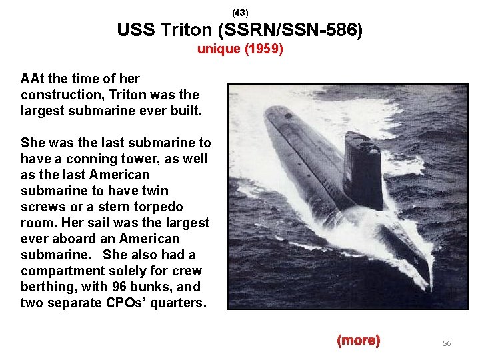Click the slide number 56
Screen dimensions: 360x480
(447, 343)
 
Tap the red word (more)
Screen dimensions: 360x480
(358, 341)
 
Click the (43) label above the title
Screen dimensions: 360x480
(240, 13)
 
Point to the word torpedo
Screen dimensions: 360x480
(159, 207)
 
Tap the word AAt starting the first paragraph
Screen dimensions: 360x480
(33, 79)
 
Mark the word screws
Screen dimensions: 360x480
(42, 207)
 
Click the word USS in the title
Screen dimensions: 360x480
(133, 31)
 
